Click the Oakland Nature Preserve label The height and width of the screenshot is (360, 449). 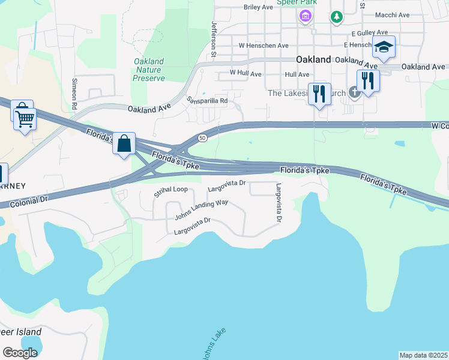pyautogui.click(x=148, y=70)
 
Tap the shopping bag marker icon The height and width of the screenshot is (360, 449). pyautogui.click(x=124, y=144)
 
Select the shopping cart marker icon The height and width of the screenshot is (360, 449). pyautogui.click(x=25, y=118)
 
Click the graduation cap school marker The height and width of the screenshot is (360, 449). pyautogui.click(x=384, y=46)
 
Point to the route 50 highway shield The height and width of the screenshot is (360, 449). pyautogui.click(x=203, y=138)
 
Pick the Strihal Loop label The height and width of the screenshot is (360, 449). pyautogui.click(x=170, y=190)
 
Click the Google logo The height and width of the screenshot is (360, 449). pyautogui.click(x=20, y=353)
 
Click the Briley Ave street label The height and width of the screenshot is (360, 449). pyautogui.click(x=258, y=7)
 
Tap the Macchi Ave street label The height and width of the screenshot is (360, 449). pyautogui.click(x=391, y=15)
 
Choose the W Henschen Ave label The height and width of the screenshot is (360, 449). pyautogui.click(x=264, y=45)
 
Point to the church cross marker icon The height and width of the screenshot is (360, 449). pyautogui.click(x=355, y=92)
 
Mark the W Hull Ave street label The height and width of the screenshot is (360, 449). pyautogui.click(x=246, y=74)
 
